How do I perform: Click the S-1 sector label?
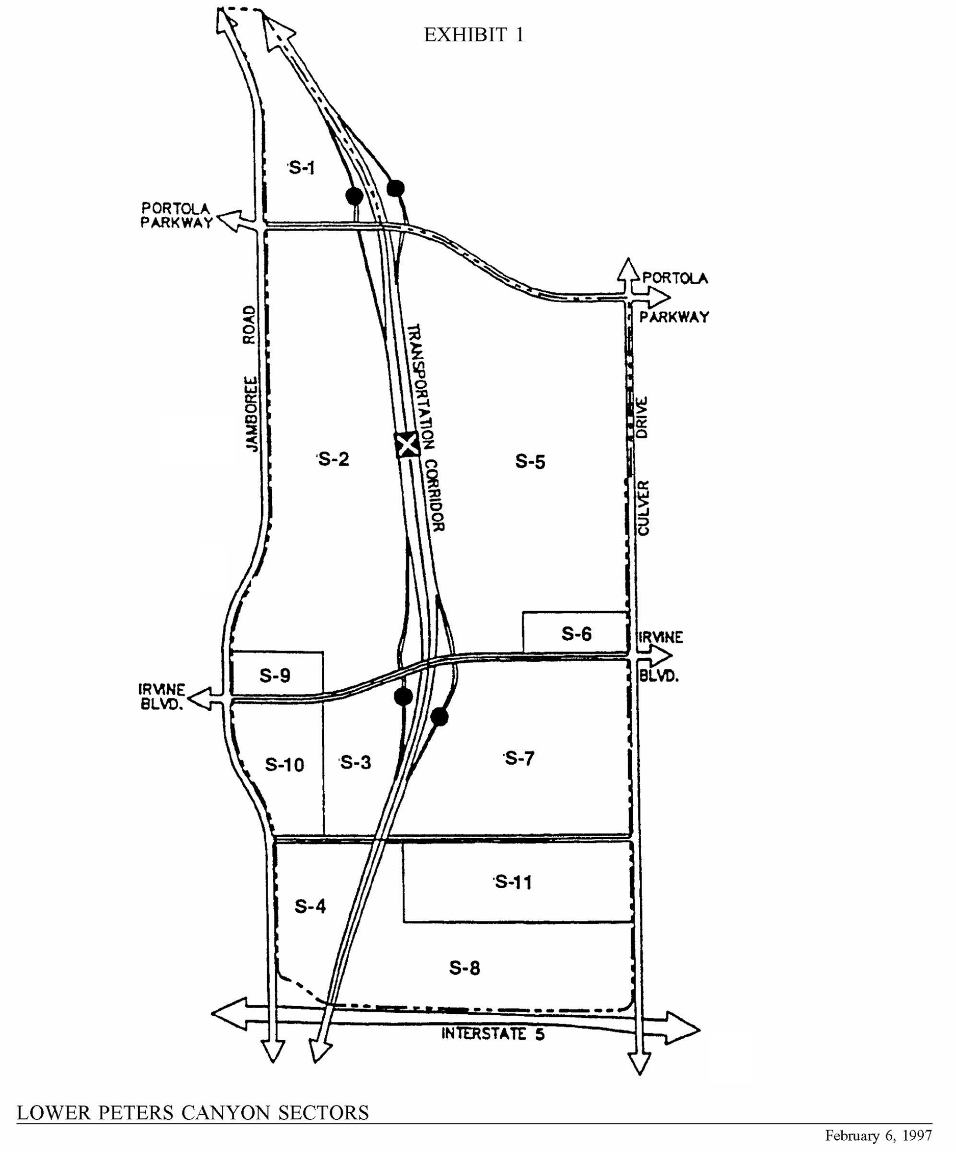302,167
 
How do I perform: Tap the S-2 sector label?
334,459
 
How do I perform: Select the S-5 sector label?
530,462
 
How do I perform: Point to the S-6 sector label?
576,634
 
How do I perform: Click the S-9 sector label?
275,676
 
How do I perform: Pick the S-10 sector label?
285,765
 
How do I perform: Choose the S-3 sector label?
356,762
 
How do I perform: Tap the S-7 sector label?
519,759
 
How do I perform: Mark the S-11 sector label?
513,883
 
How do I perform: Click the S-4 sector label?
311,907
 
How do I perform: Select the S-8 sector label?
465,968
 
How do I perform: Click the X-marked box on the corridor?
407,445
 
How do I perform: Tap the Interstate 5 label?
493,1034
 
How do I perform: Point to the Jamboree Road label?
250,379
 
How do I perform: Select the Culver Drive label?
643,466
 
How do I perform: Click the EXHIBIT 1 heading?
474,35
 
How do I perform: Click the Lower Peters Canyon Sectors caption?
192,1113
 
